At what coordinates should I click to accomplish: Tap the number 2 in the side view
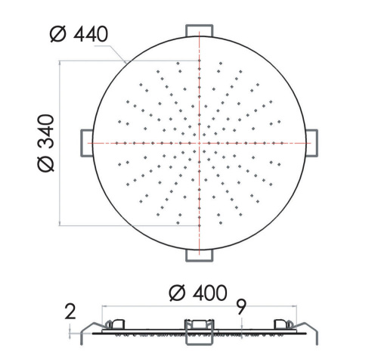[70, 310]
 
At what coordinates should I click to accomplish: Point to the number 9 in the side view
[240, 306]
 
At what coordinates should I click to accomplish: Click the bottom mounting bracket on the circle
[200, 255]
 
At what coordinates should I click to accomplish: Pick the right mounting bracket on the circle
[312, 141]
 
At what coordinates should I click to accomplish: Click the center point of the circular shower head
[200, 141]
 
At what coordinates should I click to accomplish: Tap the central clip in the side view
[200, 326]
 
